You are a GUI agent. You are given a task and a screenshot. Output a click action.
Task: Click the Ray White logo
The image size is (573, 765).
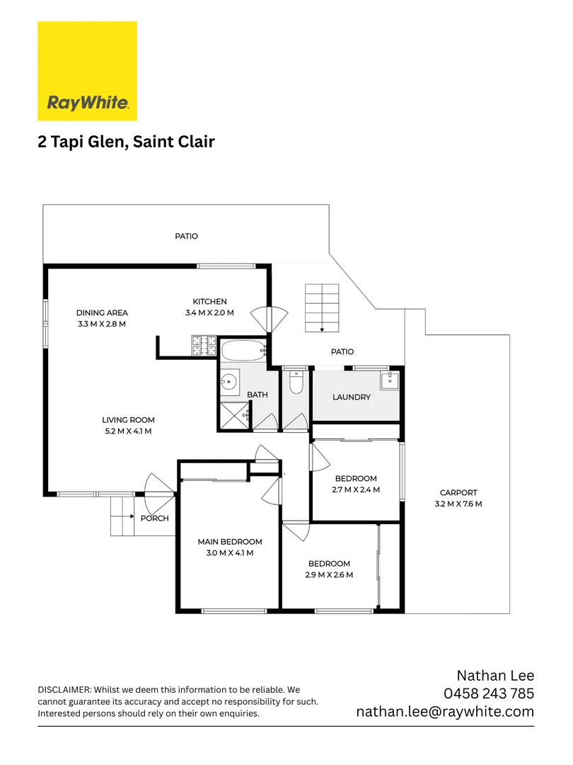point(87,71)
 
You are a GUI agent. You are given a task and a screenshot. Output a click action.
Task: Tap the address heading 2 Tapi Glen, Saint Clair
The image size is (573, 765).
point(126,142)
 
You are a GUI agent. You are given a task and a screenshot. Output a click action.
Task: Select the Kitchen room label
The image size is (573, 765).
point(209,302)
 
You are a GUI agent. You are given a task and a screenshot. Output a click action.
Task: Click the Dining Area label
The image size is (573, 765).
point(102,312)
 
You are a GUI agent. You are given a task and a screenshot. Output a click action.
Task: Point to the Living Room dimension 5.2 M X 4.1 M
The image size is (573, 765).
point(128,431)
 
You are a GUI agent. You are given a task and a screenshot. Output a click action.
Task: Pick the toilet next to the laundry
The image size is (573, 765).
point(296,382)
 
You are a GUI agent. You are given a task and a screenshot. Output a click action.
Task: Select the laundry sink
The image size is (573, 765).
point(390,381)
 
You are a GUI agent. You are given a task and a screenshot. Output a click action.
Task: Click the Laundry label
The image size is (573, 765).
point(352,397)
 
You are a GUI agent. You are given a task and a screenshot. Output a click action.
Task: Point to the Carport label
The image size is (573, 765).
point(458,493)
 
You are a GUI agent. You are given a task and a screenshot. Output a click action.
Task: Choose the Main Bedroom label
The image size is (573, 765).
point(230,542)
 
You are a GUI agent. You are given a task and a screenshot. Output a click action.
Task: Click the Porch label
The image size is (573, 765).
point(154,518)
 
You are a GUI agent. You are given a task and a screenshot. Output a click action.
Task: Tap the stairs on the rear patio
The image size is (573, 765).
point(322,307)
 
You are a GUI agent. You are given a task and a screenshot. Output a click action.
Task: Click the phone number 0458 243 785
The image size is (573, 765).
point(488,693)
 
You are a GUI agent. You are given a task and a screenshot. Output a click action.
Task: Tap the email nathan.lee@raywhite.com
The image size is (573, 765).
point(445,712)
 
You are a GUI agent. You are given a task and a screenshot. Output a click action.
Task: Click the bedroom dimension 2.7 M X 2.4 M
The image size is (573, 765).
point(356,489)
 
